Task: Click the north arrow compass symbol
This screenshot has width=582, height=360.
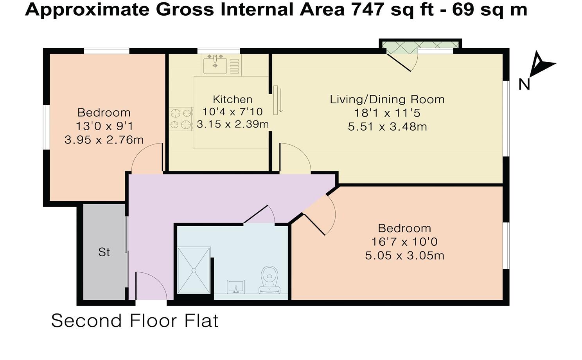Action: (x=541, y=65)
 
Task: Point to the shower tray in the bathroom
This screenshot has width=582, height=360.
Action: (x=194, y=270)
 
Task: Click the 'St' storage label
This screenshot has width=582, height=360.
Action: (x=104, y=252)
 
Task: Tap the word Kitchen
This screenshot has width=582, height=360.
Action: (x=232, y=99)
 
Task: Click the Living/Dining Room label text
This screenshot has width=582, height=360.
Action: (x=387, y=99)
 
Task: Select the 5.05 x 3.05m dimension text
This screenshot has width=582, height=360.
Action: (x=404, y=256)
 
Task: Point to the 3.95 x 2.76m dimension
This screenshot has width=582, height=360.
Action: (x=104, y=140)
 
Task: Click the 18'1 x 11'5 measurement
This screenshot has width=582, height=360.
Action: (x=387, y=113)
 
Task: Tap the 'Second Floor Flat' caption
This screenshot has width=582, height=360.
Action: (x=135, y=321)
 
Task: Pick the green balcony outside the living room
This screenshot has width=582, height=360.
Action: (x=420, y=46)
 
